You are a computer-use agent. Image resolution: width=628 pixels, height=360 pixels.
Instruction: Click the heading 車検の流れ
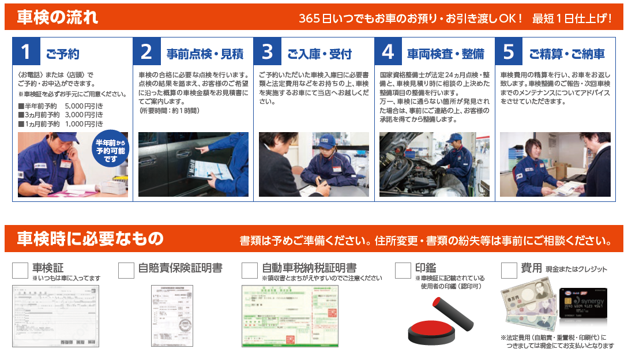click(58, 17)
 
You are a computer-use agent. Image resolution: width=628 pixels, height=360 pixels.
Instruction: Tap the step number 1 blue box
click(26, 52)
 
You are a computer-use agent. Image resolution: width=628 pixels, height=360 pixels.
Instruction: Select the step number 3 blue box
click(267, 52)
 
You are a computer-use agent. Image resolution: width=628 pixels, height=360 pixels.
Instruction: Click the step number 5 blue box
click(509, 52)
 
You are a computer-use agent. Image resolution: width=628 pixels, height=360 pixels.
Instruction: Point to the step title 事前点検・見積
click(205, 54)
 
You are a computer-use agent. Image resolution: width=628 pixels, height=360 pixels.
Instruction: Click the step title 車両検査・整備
click(446, 54)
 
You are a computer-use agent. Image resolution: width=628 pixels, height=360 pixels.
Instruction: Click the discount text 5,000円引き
click(84, 106)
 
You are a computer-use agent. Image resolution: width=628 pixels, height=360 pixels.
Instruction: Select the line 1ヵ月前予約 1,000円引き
click(61, 123)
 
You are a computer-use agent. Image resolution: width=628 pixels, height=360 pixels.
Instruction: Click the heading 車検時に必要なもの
click(90, 238)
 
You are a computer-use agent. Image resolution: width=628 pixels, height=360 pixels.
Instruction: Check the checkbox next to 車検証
click(20, 271)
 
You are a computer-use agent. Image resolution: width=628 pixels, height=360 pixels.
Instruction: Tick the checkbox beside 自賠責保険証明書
click(126, 271)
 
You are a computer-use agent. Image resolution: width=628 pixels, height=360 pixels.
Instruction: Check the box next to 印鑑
click(403, 271)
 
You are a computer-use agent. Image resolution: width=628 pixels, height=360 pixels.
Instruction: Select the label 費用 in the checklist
click(531, 268)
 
